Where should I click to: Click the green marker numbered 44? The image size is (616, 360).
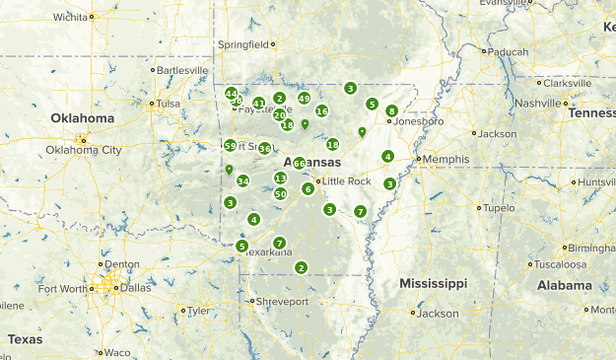(x=231, y=93)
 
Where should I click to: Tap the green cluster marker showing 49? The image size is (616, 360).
(x=304, y=99)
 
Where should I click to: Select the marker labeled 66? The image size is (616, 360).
(x=299, y=164)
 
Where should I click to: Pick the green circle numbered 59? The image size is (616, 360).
(x=230, y=146)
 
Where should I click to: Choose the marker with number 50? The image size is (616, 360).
(x=281, y=194)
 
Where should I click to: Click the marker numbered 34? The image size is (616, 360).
(x=242, y=180)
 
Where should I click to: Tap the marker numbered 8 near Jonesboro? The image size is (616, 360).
(x=392, y=110)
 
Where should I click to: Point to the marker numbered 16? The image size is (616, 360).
(x=321, y=111)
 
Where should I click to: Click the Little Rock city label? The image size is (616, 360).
(x=347, y=181)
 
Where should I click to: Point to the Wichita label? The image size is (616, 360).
(x=70, y=17)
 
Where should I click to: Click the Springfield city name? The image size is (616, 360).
(x=242, y=44)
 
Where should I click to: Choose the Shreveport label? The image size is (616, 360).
(x=283, y=301)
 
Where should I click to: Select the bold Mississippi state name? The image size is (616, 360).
(x=433, y=283)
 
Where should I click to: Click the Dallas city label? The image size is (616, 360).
(x=127, y=288)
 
